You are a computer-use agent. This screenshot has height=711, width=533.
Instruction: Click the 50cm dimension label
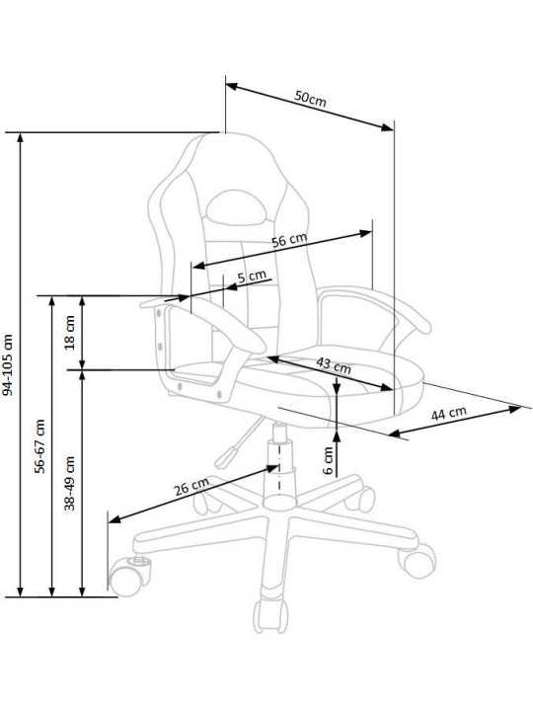click(x=311, y=99)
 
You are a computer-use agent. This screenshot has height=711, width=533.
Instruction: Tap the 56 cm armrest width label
click(x=289, y=240)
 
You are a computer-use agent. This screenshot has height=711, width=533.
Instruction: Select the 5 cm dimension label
click(x=252, y=276)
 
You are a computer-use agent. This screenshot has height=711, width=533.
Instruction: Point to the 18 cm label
click(x=69, y=333)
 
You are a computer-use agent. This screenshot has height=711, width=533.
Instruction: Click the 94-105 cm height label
click(x=8, y=364)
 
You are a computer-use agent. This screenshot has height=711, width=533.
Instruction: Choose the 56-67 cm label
click(x=40, y=446)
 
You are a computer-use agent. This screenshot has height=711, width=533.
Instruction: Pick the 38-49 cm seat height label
click(x=69, y=483)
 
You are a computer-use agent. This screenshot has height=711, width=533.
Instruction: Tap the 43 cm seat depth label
click(x=334, y=365)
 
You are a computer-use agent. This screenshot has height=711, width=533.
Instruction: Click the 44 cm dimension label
click(x=448, y=413)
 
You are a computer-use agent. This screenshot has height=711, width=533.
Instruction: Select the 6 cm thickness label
click(x=328, y=461)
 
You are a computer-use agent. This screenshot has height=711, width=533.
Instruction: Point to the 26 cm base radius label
click(x=191, y=487)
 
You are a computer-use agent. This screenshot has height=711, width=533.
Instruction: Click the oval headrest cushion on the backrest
click(x=236, y=207)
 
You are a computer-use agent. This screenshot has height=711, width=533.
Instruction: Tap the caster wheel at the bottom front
click(x=270, y=616)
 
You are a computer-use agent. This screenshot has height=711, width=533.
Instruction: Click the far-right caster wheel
click(x=417, y=561)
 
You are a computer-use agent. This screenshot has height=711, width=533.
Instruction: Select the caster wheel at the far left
click(x=127, y=577)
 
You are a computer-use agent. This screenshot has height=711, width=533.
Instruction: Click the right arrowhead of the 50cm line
click(x=388, y=127)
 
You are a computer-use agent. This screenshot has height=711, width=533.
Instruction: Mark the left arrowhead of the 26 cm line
click(x=114, y=519)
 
